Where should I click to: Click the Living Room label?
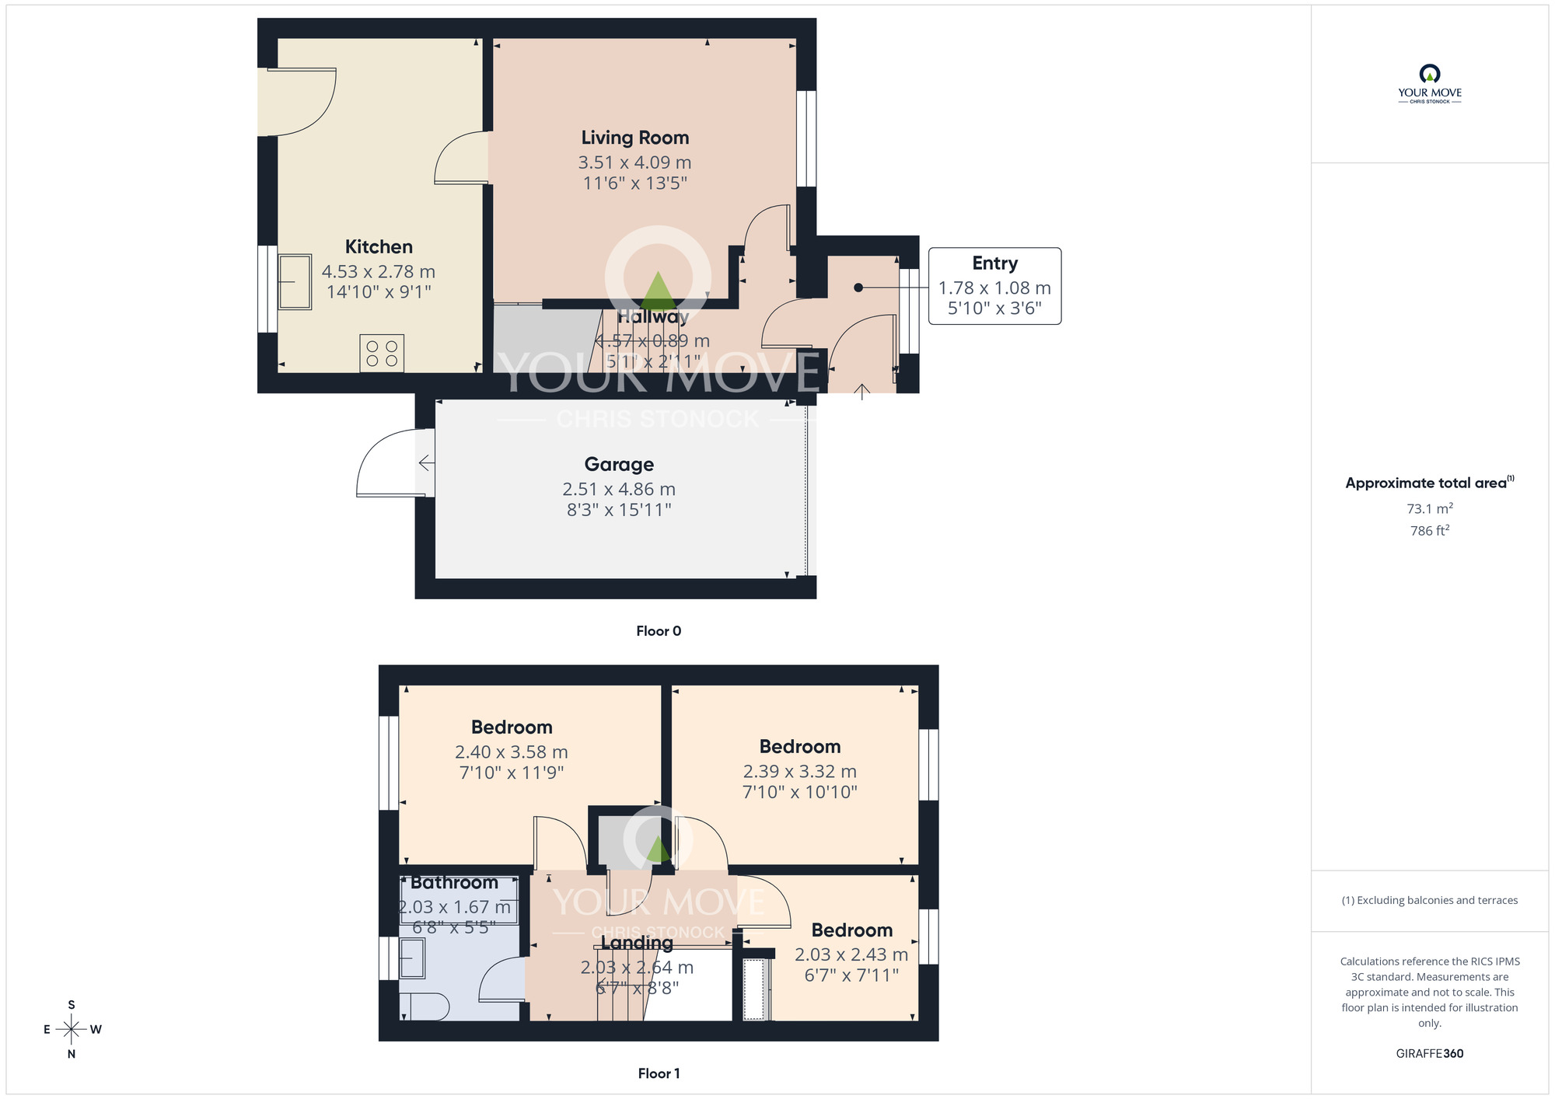pyautogui.click(x=634, y=138)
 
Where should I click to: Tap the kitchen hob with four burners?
pyautogui.click(x=382, y=354)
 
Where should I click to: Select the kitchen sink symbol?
pyautogui.click(x=295, y=282)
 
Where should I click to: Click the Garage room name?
pyautogui.click(x=619, y=464)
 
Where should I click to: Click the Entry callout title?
pyautogui.click(x=994, y=263)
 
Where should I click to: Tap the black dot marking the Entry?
pyautogui.click(x=858, y=288)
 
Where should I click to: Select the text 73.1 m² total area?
pyautogui.click(x=1429, y=509)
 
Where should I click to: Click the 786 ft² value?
pyautogui.click(x=1429, y=531)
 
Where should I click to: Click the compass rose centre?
pyautogui.click(x=72, y=1030)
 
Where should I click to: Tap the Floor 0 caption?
pyautogui.click(x=659, y=631)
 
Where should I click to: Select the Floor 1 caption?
pyautogui.click(x=659, y=1073)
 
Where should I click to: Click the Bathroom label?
pyautogui.click(x=454, y=883)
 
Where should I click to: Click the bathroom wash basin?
pyautogui.click(x=413, y=958)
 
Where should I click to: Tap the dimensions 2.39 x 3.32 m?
pyautogui.click(x=799, y=772)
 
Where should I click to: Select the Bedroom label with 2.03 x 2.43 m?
pyautogui.click(x=851, y=930)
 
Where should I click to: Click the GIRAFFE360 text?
pyautogui.click(x=1429, y=1054)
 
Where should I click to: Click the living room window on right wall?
pyautogui.click(x=807, y=138)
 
